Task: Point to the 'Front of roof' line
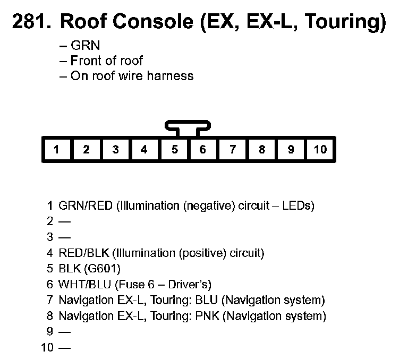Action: (106, 61)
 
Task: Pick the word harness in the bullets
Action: (171, 75)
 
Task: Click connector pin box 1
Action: (56, 149)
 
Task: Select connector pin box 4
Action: (144, 149)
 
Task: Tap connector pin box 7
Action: (232, 149)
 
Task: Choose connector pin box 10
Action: (320, 149)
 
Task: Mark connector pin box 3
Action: (115, 149)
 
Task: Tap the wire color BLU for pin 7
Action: (207, 301)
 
